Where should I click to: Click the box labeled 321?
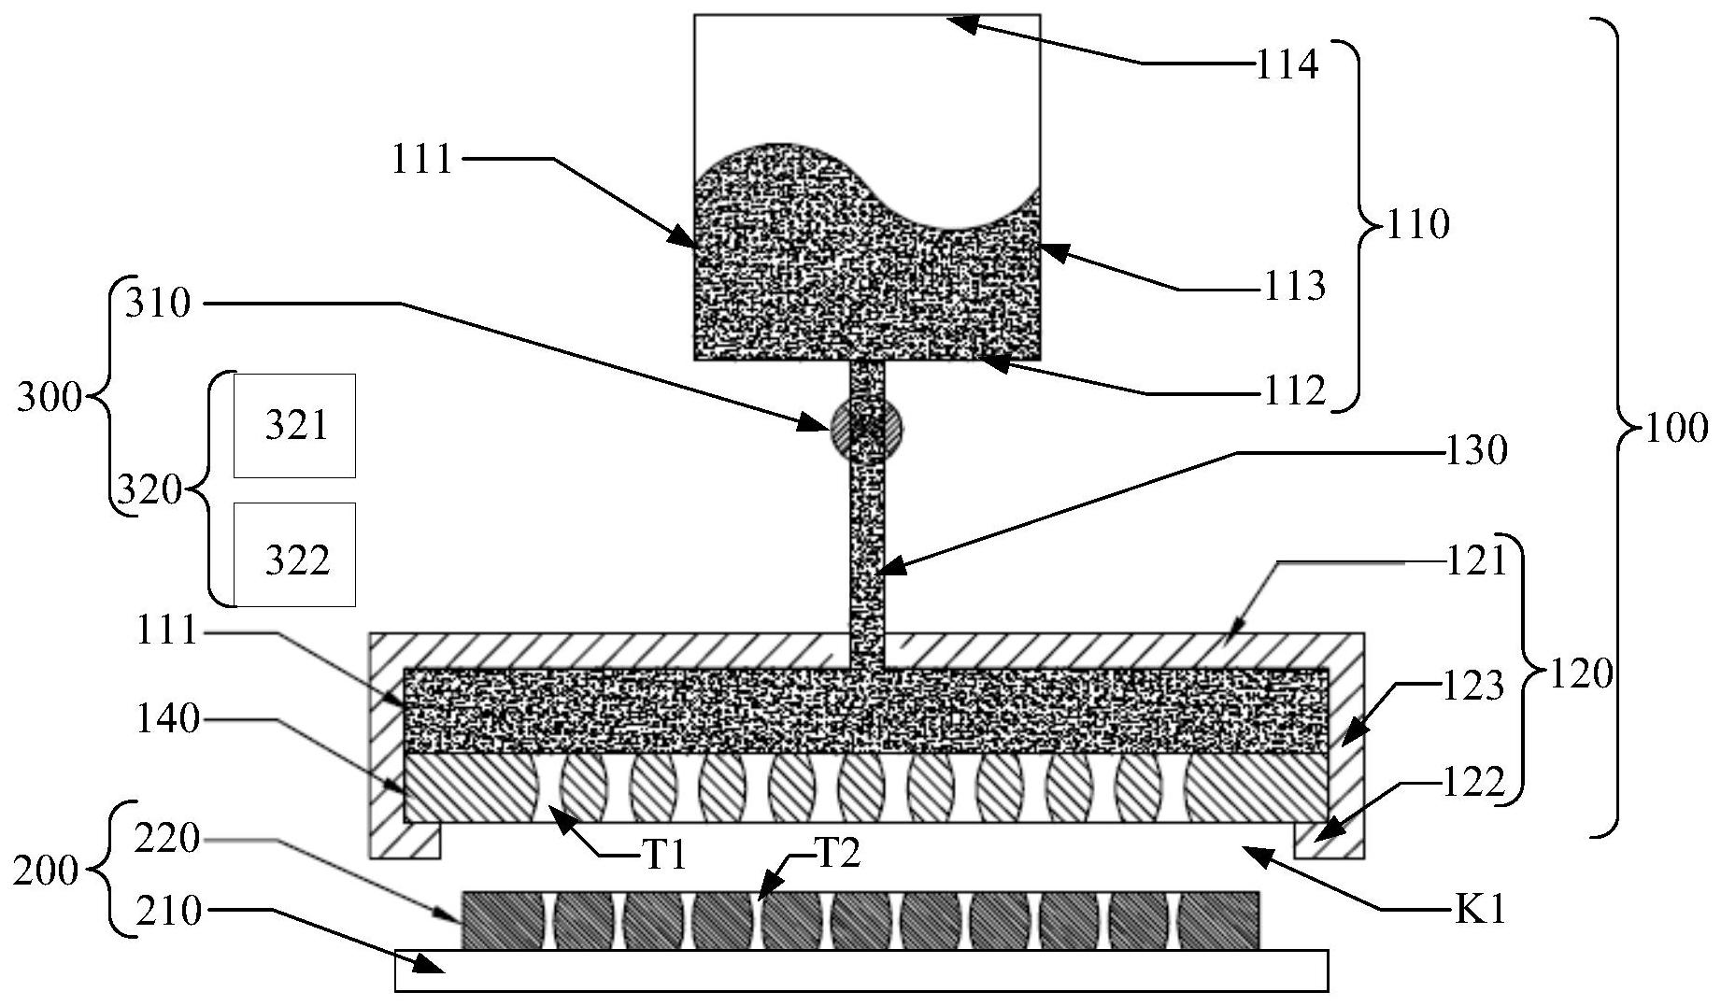(294, 426)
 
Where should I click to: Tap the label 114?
(1286, 65)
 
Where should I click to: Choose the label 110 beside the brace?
(1417, 225)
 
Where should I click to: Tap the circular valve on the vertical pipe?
(866, 429)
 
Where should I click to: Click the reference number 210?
(168, 910)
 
